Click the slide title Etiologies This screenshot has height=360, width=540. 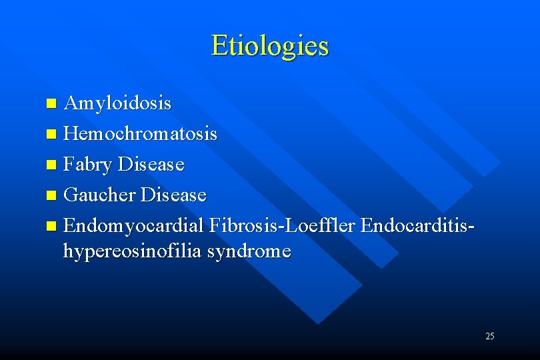[270, 46]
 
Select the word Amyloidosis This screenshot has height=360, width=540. [117, 104]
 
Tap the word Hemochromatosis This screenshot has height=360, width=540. [140, 134]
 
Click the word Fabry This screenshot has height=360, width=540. [88, 165]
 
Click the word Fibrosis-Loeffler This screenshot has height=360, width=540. [282, 225]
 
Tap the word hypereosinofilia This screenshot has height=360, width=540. [133, 251]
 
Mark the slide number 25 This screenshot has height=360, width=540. [490, 336]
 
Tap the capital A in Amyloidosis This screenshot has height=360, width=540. [70, 104]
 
